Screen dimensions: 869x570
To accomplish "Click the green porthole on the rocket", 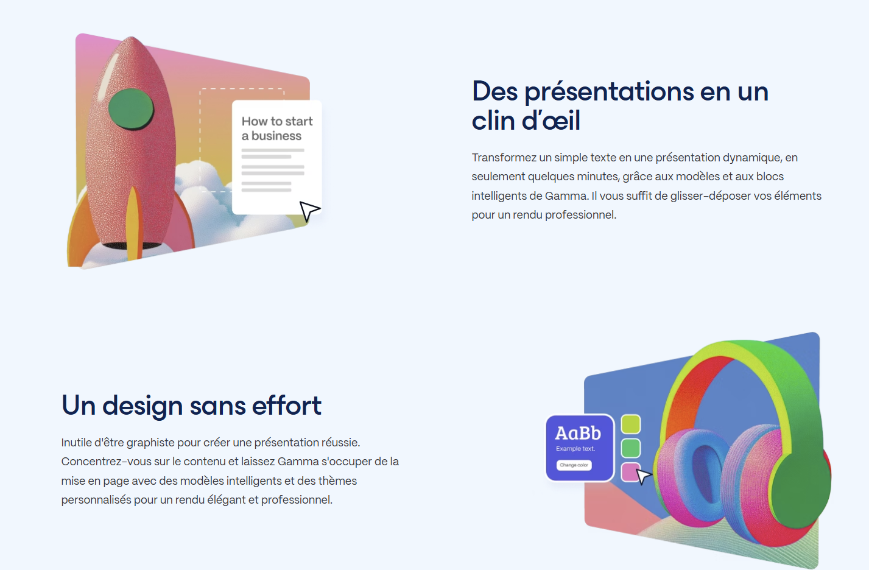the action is coord(131,108).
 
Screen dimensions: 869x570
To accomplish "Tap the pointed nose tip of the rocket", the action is coord(132,37).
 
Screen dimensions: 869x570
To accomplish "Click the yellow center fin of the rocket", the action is coord(133,223).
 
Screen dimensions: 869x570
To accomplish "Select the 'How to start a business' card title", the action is coord(277,128).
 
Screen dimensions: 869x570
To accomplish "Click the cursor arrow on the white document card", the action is coord(309,211).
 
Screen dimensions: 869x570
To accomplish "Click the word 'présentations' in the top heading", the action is coord(609,92).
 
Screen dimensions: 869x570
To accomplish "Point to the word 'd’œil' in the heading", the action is coord(551,121).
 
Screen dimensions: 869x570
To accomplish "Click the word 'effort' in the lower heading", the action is coord(287,406).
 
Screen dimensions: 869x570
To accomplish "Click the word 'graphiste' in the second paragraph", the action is coord(150,443).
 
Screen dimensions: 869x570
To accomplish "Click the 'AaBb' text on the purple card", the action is coord(578,433).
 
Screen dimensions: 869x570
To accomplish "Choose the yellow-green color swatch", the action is coord(631,424).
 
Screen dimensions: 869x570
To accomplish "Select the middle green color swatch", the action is coord(631,448).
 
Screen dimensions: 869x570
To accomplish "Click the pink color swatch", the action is coord(630,472).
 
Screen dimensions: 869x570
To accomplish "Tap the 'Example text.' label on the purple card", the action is coord(575,449).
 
